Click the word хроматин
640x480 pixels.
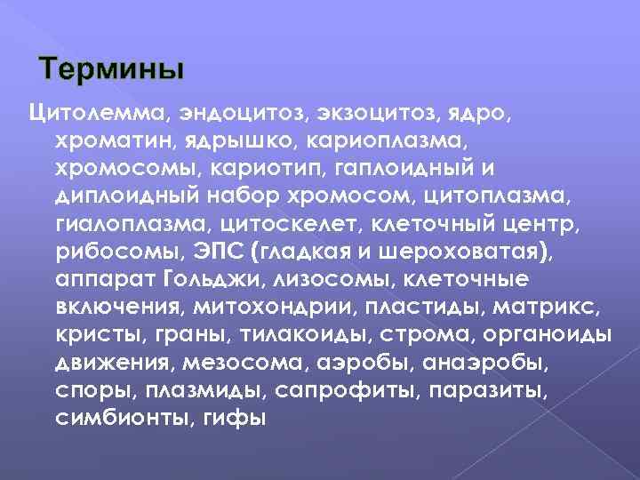click(x=116, y=140)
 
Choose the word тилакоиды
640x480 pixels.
click(x=313, y=334)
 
